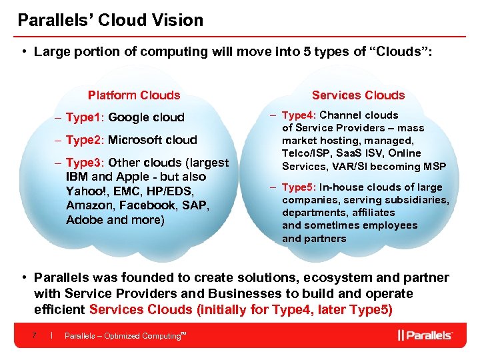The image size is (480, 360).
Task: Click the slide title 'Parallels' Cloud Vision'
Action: (111, 20)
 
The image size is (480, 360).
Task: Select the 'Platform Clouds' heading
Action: (134, 95)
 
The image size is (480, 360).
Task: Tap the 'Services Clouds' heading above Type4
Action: (358, 95)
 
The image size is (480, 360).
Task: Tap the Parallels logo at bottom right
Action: (425, 335)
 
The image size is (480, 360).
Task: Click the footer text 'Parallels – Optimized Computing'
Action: (123, 336)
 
